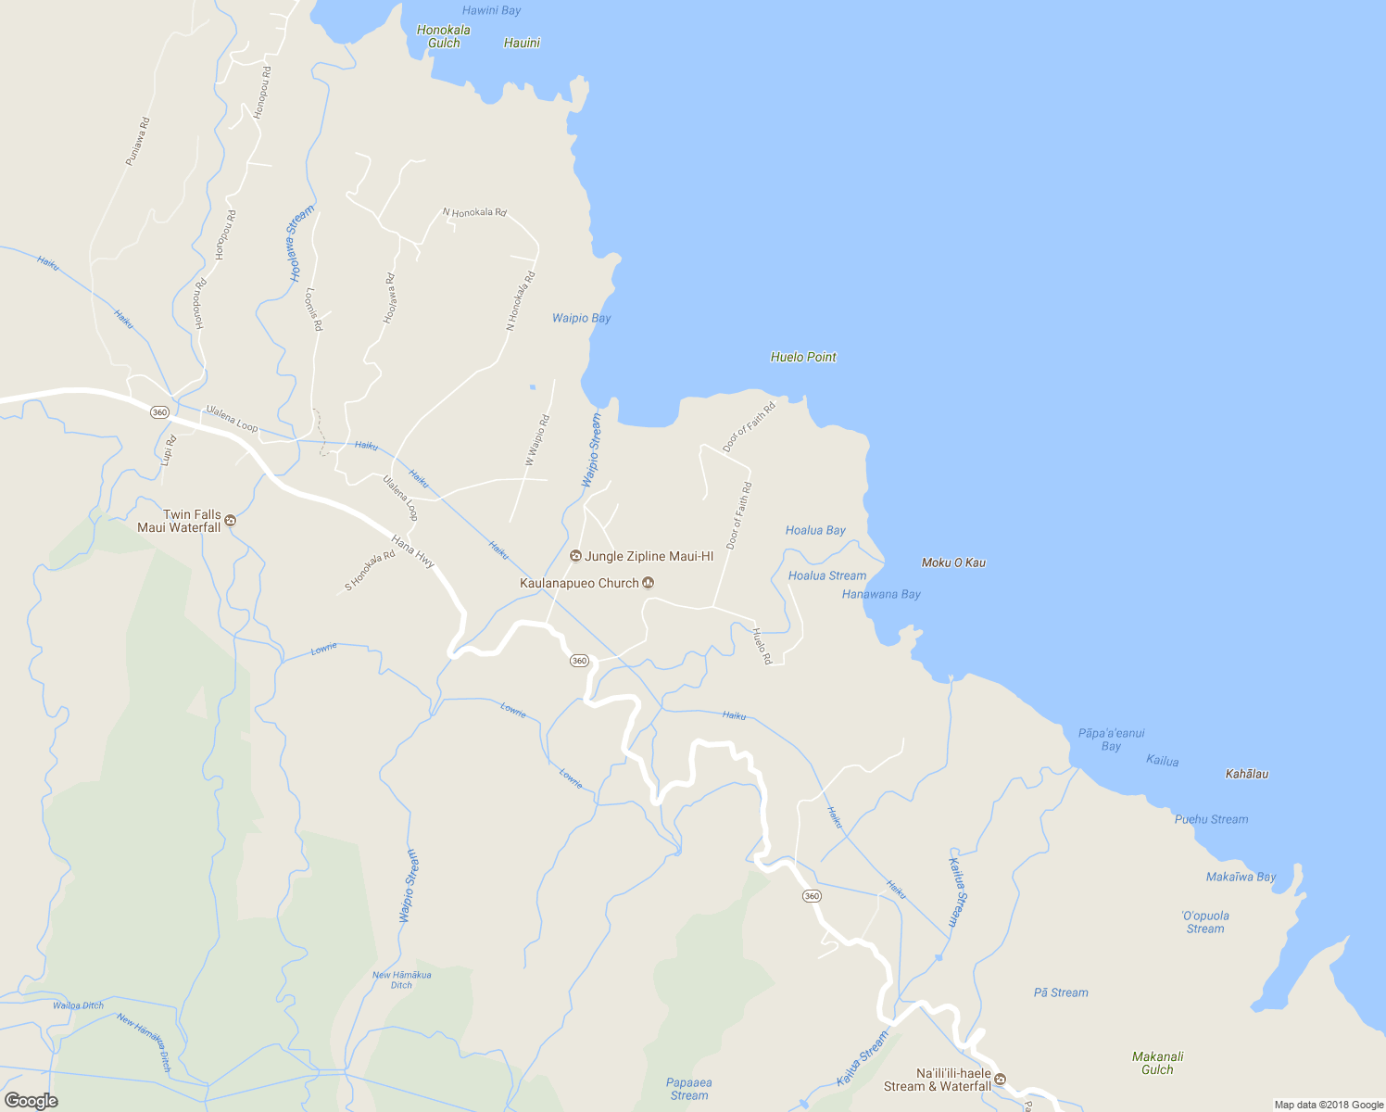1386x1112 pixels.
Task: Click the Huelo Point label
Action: point(803,357)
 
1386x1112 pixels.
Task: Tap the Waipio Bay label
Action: point(581,318)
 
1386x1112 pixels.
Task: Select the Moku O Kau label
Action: point(953,562)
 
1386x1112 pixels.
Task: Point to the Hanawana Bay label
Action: point(881,594)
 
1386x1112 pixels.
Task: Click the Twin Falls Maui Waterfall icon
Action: point(231,521)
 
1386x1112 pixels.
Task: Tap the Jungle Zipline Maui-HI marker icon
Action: point(575,556)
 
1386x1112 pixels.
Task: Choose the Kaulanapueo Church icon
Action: point(649,583)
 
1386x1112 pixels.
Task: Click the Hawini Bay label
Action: point(491,10)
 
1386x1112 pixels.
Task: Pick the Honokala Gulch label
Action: point(443,36)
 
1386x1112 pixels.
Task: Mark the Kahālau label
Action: point(1246,774)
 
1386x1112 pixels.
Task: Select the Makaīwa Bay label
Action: point(1241,877)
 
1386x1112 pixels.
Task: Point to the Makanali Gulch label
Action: point(1157,1063)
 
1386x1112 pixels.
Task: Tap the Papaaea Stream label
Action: point(688,1089)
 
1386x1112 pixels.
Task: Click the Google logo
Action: point(31,1101)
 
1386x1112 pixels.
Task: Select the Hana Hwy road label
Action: point(413,551)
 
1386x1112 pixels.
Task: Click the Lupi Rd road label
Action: point(168,450)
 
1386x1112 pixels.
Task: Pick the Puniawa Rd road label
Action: point(137,141)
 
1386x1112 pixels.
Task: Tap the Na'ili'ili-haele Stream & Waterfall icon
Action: point(1001,1080)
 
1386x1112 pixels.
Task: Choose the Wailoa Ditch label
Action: point(78,1005)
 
